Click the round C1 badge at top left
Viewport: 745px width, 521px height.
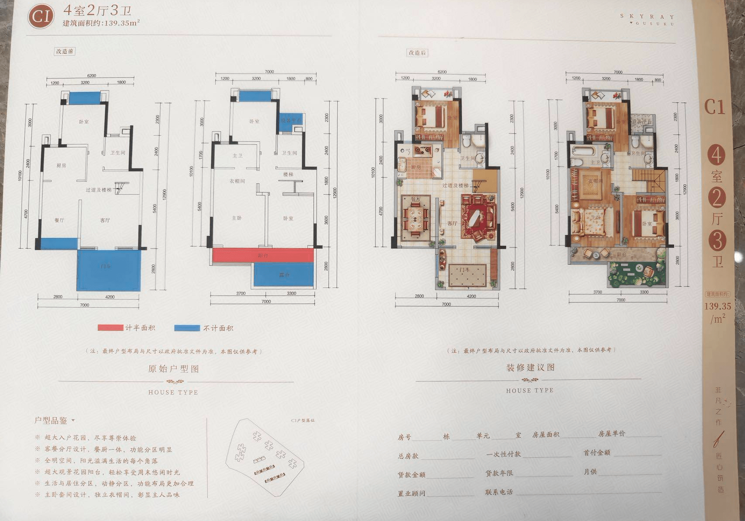pyautogui.click(x=41, y=17)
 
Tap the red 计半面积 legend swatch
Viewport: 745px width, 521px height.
pyautogui.click(x=110, y=328)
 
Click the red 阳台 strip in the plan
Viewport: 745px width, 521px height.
pyautogui.click(x=263, y=255)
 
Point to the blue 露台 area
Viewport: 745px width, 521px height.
pyautogui.click(x=284, y=275)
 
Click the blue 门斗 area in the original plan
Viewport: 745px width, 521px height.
pyautogui.click(x=109, y=270)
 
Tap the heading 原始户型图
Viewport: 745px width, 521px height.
pyautogui.click(x=173, y=369)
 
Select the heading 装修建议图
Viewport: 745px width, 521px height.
pyautogui.click(x=530, y=368)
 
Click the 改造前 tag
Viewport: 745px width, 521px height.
pyautogui.click(x=65, y=51)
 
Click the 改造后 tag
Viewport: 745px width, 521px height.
pyautogui.click(x=417, y=53)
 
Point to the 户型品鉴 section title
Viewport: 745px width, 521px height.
pyautogui.click(x=51, y=420)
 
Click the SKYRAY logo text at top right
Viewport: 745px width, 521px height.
pyautogui.click(x=647, y=17)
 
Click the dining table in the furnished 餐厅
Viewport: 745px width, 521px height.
pyautogui.click(x=415, y=217)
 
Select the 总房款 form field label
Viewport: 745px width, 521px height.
pyautogui.click(x=408, y=456)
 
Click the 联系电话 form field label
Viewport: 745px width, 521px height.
pyautogui.click(x=499, y=492)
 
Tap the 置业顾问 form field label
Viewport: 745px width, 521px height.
pyautogui.click(x=411, y=493)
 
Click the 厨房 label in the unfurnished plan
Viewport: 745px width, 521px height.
pyautogui.click(x=61, y=166)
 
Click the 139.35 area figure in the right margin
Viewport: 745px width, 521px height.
pyautogui.click(x=717, y=306)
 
